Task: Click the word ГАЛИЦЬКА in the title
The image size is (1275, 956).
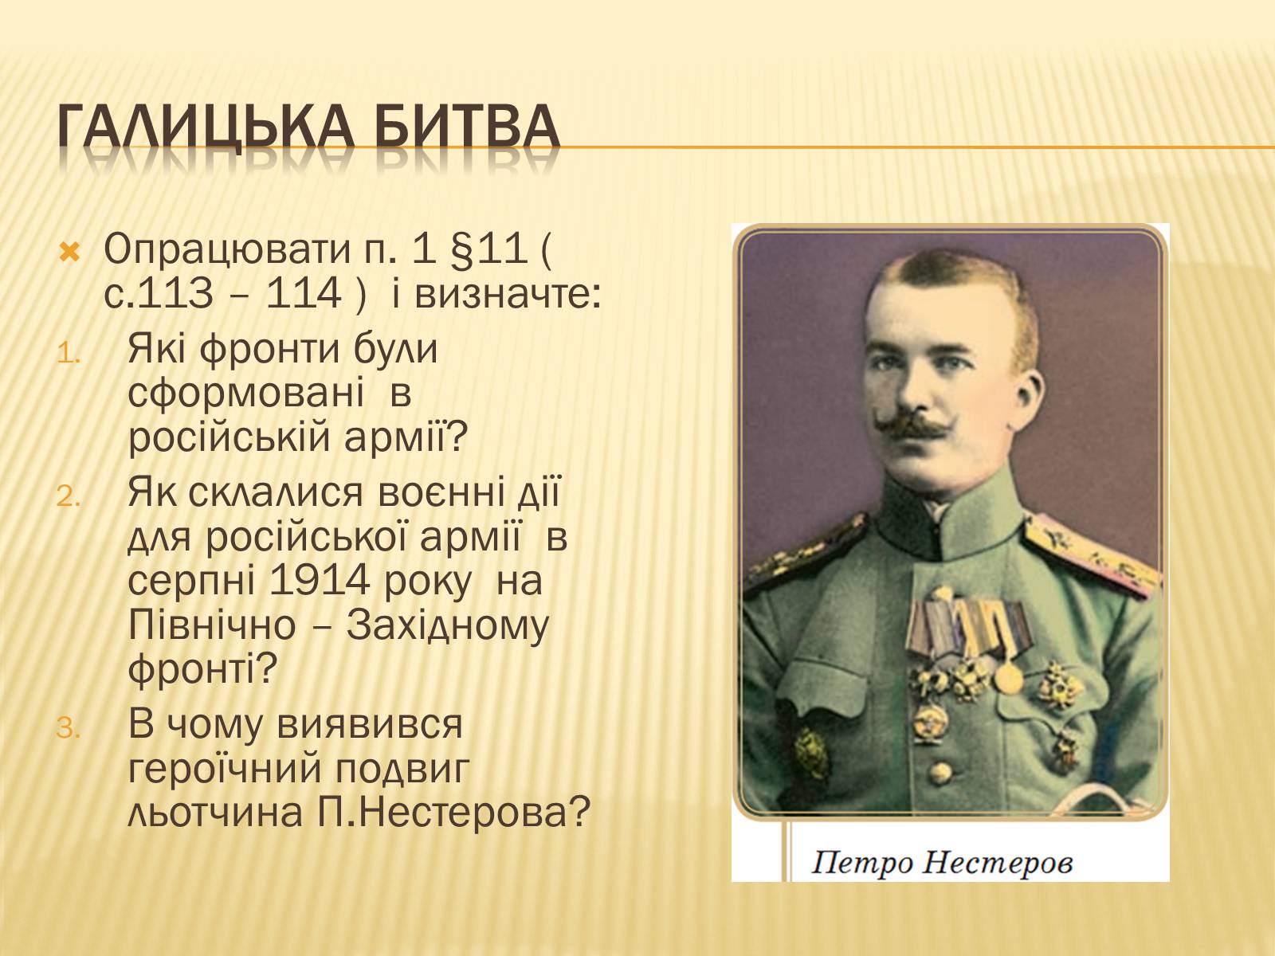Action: (x=206, y=127)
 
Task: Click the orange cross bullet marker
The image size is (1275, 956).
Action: (x=69, y=253)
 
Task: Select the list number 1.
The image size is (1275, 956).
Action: (x=69, y=354)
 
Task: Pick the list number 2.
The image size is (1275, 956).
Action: (x=69, y=497)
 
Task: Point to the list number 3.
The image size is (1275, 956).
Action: (x=69, y=728)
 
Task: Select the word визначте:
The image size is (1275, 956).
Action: (x=507, y=294)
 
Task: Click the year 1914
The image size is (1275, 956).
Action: (x=319, y=581)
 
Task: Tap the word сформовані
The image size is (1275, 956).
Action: (x=245, y=394)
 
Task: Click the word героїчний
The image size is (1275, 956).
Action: (x=224, y=770)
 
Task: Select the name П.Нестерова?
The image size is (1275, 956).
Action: (x=453, y=813)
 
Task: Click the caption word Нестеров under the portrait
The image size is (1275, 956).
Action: (x=997, y=863)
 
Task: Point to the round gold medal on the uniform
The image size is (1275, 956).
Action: (x=1008, y=678)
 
